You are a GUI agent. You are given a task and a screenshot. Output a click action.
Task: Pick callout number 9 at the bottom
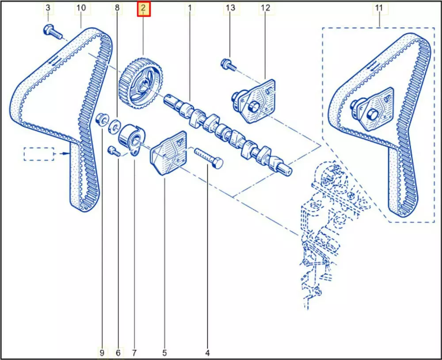tap(102, 352)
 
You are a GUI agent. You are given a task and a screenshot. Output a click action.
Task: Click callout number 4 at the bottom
tap(207, 352)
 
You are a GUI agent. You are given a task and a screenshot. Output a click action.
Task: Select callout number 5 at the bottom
tap(164, 352)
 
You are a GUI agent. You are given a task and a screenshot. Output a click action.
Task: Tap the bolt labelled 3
tap(52, 32)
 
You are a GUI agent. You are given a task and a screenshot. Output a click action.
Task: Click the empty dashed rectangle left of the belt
tap(38, 153)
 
